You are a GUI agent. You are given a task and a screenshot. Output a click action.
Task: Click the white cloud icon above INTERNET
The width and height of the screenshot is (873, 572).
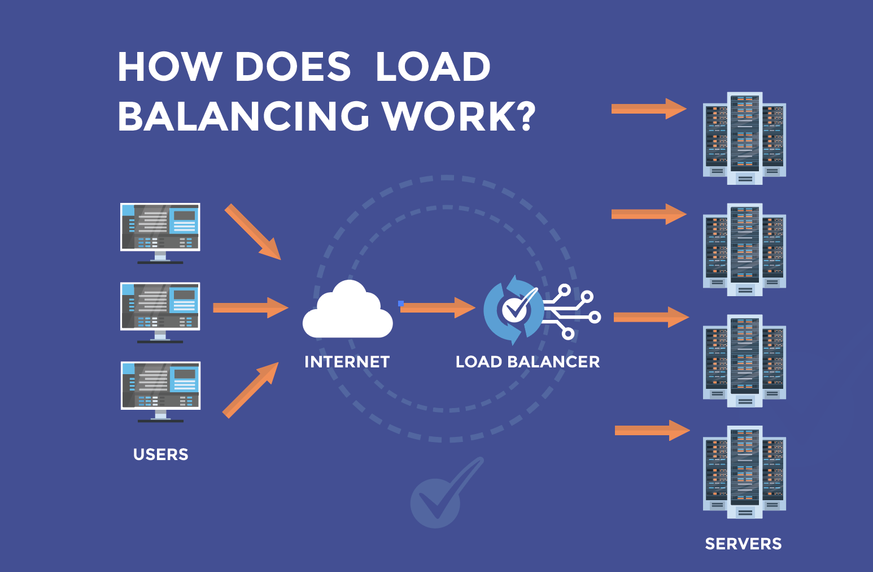click(347, 311)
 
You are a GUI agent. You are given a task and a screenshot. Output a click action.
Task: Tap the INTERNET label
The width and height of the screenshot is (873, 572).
click(347, 362)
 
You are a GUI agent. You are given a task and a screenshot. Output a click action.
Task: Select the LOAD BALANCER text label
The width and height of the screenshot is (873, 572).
click(527, 362)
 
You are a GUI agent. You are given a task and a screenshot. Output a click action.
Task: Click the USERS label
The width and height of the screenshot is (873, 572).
click(161, 454)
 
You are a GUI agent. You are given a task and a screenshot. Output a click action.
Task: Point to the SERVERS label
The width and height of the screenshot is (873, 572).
click(743, 544)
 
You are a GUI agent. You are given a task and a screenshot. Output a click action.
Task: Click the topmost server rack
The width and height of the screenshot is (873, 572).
click(744, 138)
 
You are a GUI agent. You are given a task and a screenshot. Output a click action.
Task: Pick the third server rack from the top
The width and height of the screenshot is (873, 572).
click(744, 361)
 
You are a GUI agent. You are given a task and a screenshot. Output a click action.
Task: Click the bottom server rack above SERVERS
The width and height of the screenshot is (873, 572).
click(744, 472)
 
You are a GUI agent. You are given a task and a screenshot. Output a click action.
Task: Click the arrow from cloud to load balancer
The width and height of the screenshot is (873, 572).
click(438, 307)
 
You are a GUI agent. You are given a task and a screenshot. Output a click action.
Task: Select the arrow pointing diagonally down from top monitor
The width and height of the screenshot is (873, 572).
click(252, 232)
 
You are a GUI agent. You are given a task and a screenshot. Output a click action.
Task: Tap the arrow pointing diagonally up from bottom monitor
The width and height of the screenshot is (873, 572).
click(251, 390)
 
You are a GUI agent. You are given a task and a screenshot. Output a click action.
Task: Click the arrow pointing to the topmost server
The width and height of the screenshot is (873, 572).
click(648, 109)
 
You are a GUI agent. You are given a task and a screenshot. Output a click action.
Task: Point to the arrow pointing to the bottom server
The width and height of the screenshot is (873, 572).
click(652, 431)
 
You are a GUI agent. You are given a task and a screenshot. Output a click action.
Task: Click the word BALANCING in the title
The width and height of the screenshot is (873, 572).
click(243, 116)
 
